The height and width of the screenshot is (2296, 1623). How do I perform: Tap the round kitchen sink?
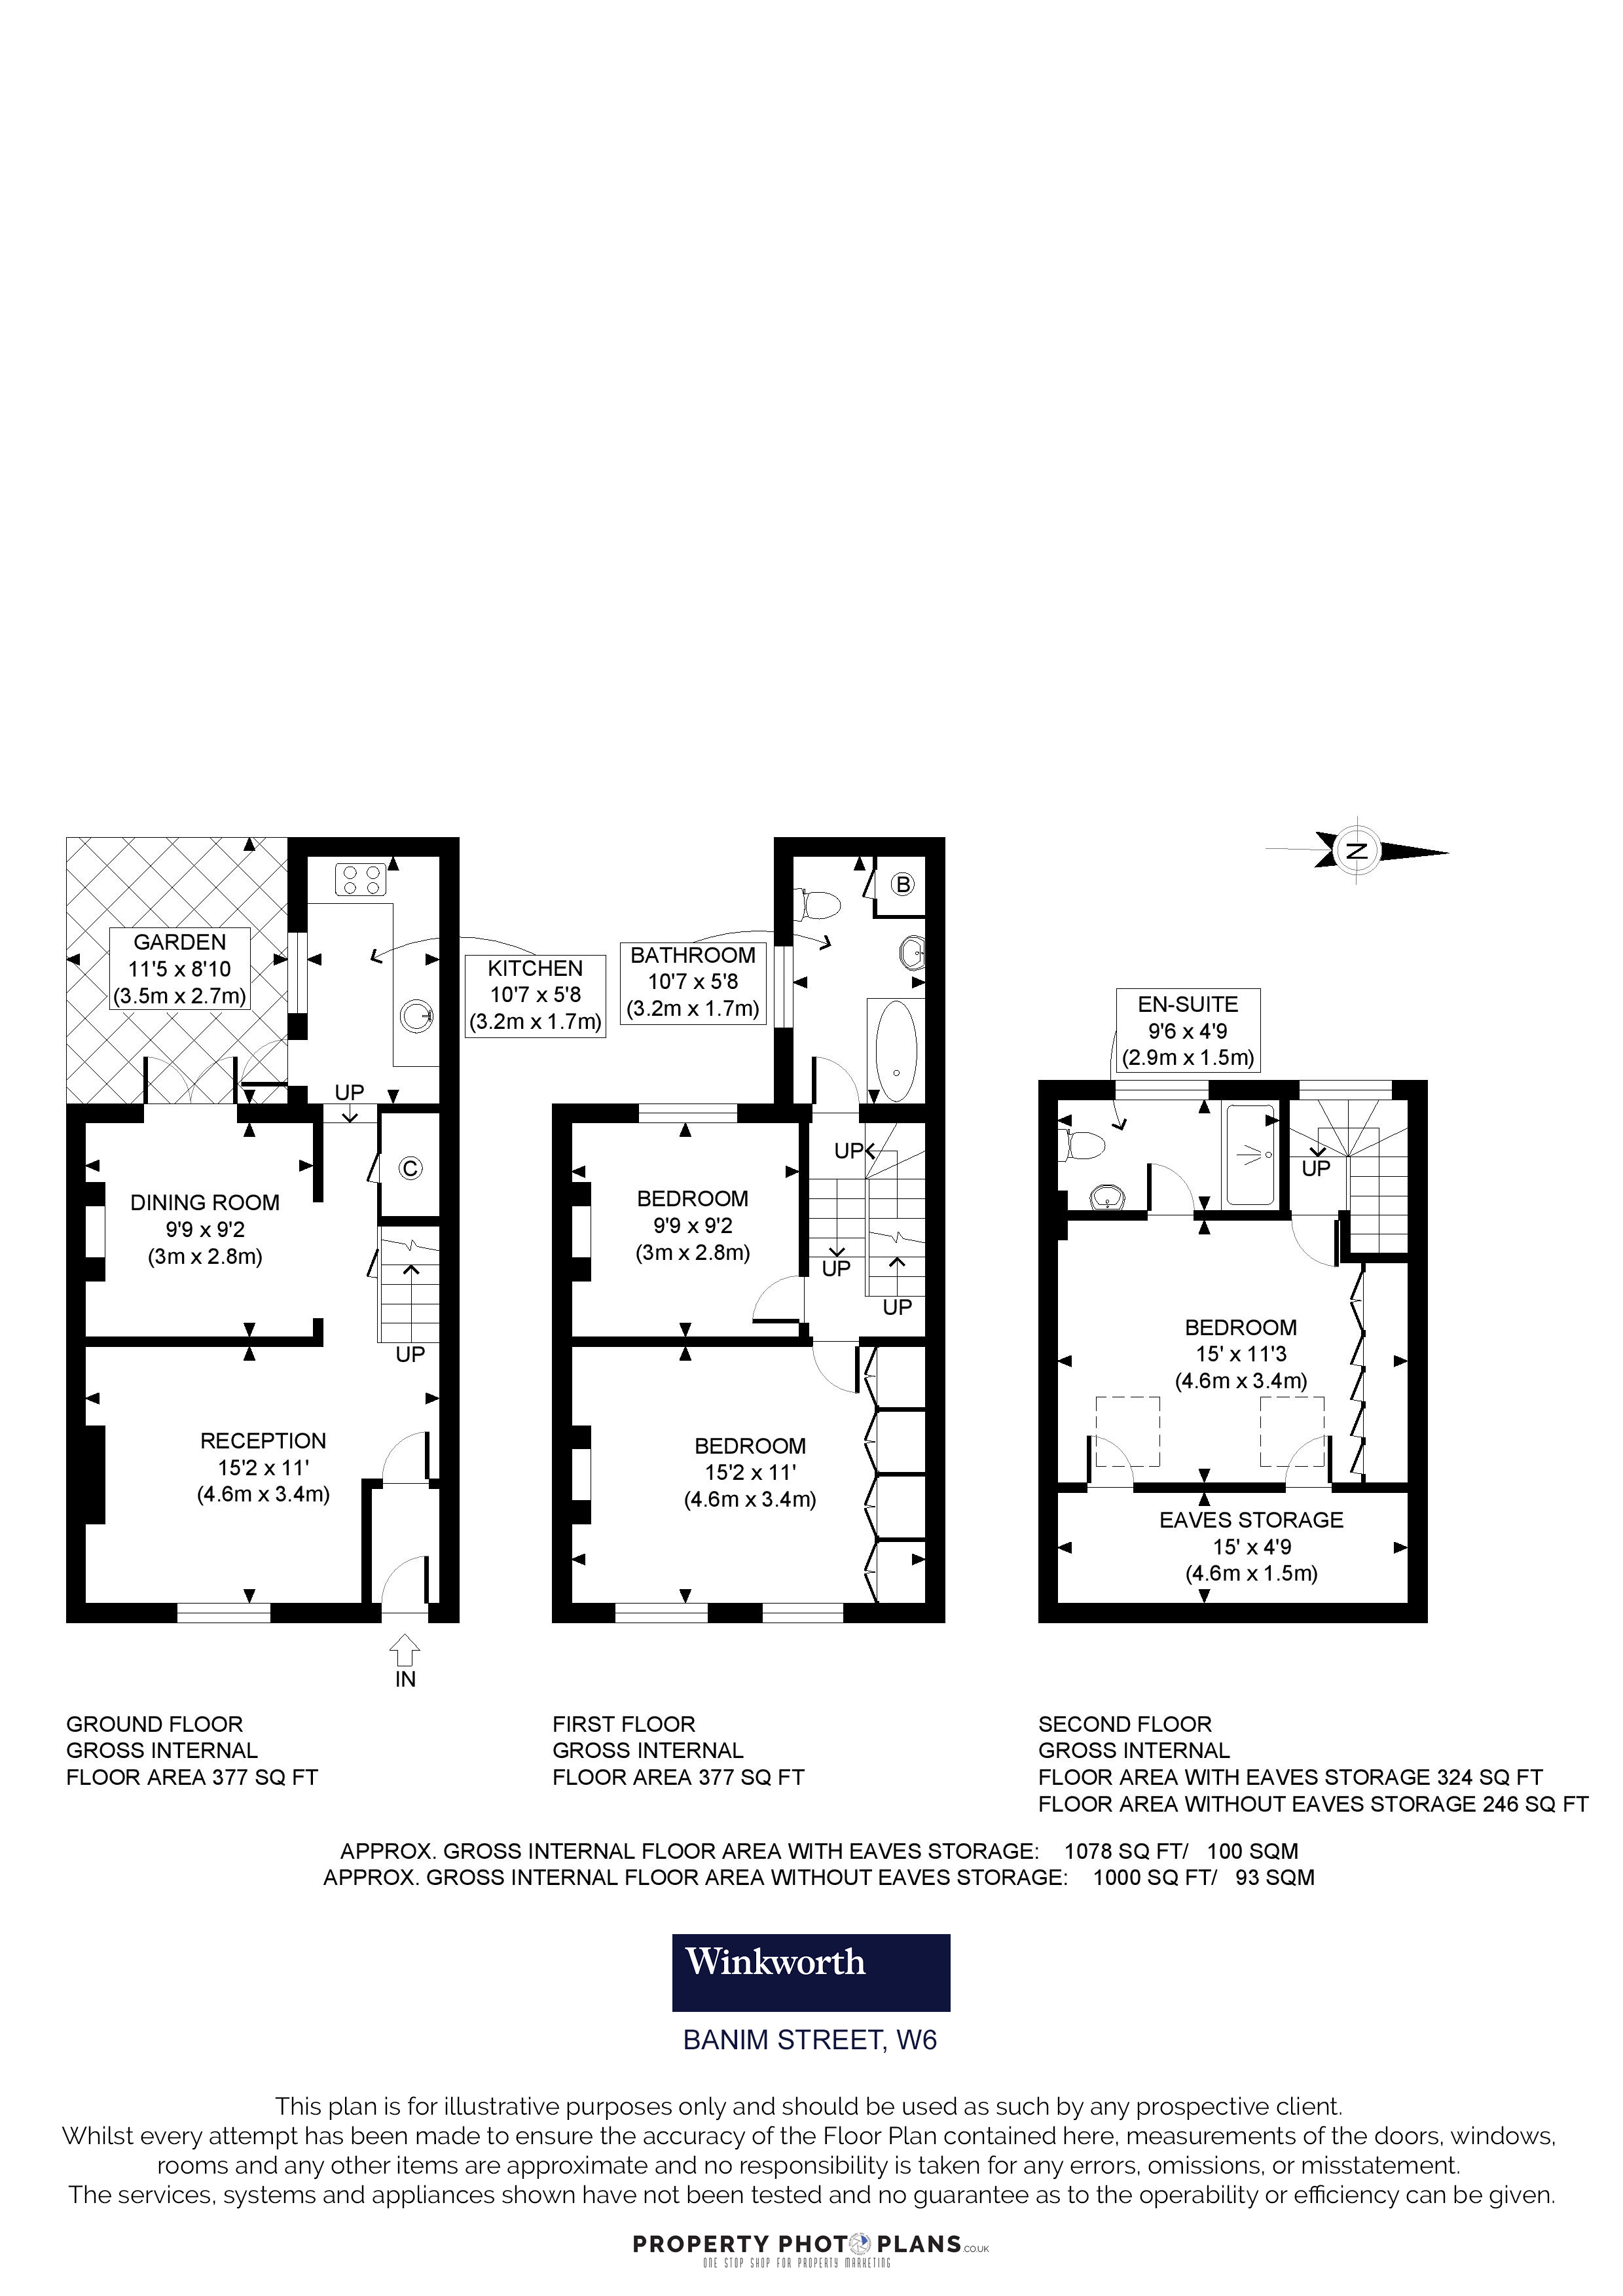[x=418, y=1018]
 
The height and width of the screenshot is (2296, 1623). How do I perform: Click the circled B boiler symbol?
[x=903, y=884]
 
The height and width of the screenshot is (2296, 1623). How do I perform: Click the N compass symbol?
[x=1357, y=851]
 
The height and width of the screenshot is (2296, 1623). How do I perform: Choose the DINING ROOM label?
[x=205, y=1203]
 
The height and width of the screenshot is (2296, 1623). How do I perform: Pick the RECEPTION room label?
[x=263, y=1441]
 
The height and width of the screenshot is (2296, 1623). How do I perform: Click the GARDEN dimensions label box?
[x=180, y=969]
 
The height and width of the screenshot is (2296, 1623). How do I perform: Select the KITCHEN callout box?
[x=535, y=995]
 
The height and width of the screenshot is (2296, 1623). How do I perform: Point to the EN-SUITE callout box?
[x=1188, y=1031]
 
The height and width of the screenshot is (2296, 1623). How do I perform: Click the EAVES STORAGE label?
[x=1251, y=1520]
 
